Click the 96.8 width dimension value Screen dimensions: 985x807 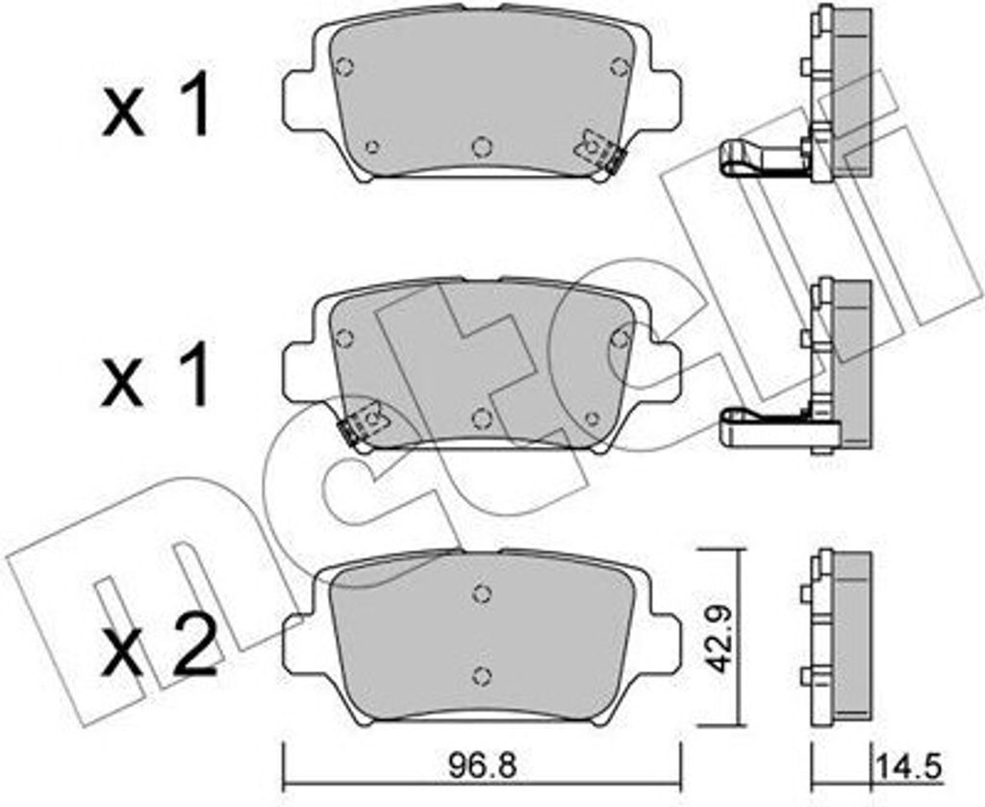(x=483, y=766)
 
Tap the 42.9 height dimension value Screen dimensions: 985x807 (x=716, y=640)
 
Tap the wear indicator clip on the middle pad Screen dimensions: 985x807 (x=363, y=424)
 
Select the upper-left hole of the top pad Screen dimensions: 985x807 (x=345, y=66)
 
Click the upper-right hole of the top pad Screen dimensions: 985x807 (x=619, y=65)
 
